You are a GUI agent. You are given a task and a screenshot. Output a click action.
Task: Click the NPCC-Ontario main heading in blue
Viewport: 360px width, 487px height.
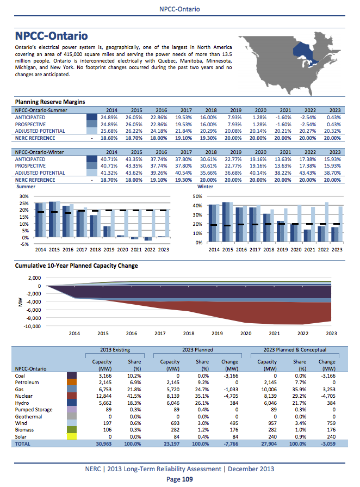coord(51,36)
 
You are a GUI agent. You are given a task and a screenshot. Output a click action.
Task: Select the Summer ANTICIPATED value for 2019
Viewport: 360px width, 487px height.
coord(234,118)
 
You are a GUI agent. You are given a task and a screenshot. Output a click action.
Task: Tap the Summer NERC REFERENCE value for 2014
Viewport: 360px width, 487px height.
coord(110,138)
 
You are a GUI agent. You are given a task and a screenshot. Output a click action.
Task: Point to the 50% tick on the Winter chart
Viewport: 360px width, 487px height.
coord(197,196)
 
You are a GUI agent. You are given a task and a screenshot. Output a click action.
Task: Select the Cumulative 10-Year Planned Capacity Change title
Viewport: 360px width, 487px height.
coord(77,266)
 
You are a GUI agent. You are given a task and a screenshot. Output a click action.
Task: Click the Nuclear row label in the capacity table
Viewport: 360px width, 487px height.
coord(25,396)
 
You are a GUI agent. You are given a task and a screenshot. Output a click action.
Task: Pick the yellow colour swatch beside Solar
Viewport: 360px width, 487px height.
coord(71,437)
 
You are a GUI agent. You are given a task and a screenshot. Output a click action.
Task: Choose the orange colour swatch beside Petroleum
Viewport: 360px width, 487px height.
coord(71,382)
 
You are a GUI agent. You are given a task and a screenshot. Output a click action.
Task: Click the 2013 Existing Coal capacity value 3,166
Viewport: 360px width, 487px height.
coord(103,375)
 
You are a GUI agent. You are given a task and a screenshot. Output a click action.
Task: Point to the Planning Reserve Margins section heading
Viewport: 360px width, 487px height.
coord(50,102)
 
